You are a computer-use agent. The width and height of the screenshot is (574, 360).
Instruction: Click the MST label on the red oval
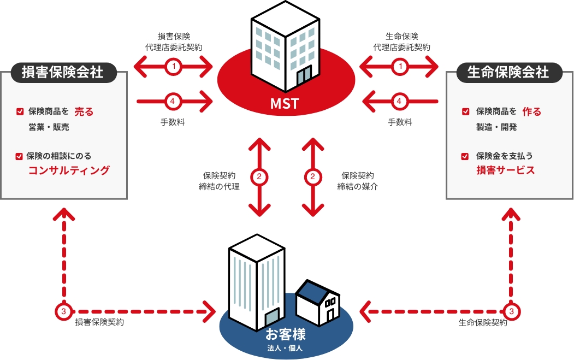tap(285, 104)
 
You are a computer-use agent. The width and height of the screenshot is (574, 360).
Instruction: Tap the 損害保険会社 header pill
tap(63, 72)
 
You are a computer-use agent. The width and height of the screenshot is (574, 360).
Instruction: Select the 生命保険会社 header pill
tap(508, 72)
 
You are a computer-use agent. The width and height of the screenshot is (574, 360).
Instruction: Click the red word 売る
tap(84, 111)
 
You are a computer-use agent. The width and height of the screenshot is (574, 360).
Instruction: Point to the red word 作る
tap(531, 111)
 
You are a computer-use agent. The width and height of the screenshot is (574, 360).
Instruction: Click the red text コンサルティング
tap(69, 170)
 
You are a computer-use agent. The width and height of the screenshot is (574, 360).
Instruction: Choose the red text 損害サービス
tap(506, 170)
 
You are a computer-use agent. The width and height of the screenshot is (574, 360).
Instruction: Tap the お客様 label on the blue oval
tap(286, 334)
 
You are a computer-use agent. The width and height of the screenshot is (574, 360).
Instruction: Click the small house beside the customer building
tap(318, 303)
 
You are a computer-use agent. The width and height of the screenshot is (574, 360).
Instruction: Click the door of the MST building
tap(304, 76)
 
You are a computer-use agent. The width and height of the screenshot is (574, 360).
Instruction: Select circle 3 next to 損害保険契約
tap(64, 312)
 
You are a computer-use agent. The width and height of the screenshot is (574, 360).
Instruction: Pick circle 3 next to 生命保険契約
tap(511, 312)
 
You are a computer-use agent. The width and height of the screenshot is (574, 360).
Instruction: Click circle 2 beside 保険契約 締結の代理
tap(259, 177)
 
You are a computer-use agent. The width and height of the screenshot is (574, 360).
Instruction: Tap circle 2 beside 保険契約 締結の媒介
tap(312, 177)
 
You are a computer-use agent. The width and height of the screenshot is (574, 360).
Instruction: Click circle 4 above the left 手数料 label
tap(173, 101)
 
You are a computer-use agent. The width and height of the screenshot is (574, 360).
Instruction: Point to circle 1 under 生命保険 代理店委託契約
tap(400, 67)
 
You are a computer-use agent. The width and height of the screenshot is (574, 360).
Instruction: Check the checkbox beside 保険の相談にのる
tap(20, 156)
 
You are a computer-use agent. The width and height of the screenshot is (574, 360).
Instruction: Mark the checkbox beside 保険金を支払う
tap(465, 156)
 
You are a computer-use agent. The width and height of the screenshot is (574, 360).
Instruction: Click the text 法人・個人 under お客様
tap(285, 348)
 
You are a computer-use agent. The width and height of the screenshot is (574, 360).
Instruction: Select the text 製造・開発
tap(496, 127)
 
